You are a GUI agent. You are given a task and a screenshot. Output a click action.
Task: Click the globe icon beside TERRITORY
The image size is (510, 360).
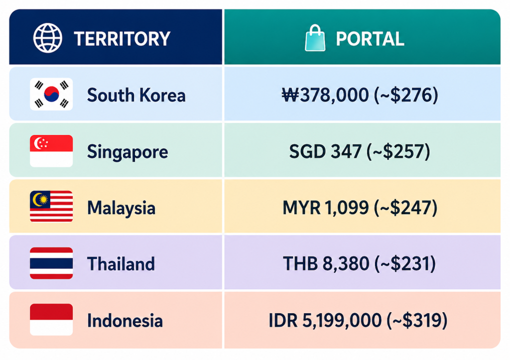(48, 38)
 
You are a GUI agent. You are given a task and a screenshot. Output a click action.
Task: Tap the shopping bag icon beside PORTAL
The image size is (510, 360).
(315, 38)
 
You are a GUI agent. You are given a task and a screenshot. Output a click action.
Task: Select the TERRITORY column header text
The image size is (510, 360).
(122, 39)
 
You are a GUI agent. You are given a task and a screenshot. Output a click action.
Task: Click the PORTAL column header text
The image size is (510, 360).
(370, 39)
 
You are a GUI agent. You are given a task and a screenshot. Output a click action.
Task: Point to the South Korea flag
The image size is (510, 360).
(51, 94)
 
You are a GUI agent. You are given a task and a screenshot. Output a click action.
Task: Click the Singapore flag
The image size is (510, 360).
(51, 151)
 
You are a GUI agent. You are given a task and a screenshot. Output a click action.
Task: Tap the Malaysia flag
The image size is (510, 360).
(51, 207)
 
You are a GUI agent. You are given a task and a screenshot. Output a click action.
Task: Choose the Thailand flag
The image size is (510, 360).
(51, 263)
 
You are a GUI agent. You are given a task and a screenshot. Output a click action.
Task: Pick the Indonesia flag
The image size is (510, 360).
(51, 320)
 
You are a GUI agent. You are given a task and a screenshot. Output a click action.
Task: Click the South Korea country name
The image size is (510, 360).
(136, 95)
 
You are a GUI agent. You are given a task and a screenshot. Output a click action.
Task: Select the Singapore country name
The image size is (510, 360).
(127, 152)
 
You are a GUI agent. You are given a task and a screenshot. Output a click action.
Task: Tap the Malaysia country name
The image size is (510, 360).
(122, 208)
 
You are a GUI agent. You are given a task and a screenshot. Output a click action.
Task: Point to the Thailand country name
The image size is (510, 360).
(121, 264)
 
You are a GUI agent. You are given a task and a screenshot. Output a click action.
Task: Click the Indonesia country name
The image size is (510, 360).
(125, 321)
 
